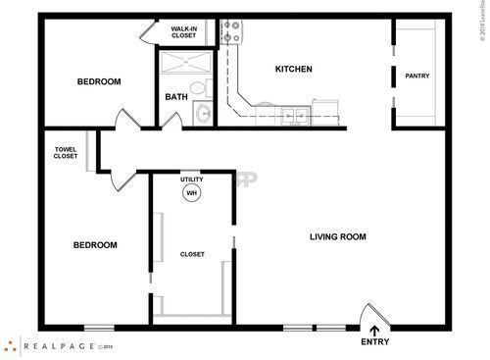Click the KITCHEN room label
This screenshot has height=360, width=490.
point(293,69)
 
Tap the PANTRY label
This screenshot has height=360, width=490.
point(417,76)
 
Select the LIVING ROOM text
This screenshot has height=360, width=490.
point(337,236)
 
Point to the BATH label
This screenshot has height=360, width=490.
point(176,97)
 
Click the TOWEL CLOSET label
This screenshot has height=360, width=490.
point(66,153)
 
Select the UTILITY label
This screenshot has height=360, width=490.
point(191,180)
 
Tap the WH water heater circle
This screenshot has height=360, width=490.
point(191,193)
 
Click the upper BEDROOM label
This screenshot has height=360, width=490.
point(98,81)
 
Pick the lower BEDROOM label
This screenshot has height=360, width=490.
point(95,245)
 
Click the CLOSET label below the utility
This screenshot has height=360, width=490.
point(192,254)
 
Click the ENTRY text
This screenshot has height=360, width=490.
point(374,342)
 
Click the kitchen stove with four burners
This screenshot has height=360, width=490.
point(230,32)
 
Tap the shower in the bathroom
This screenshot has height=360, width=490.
point(184,65)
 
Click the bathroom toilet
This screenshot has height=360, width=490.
point(198,89)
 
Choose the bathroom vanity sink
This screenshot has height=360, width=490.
point(203,114)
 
